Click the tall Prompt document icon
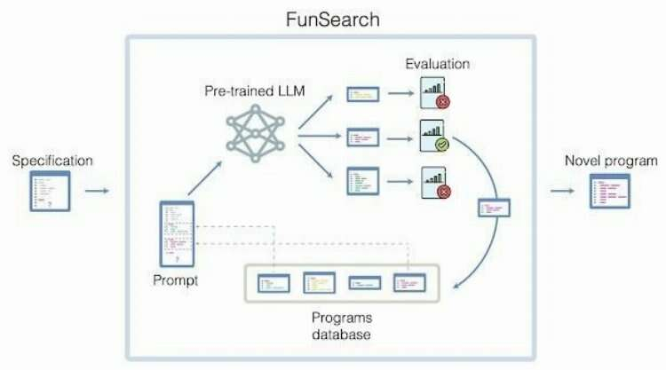[176, 234]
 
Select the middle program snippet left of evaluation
[363, 136]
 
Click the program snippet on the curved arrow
[494, 208]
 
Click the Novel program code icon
[610, 191]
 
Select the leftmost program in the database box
[275, 284]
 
